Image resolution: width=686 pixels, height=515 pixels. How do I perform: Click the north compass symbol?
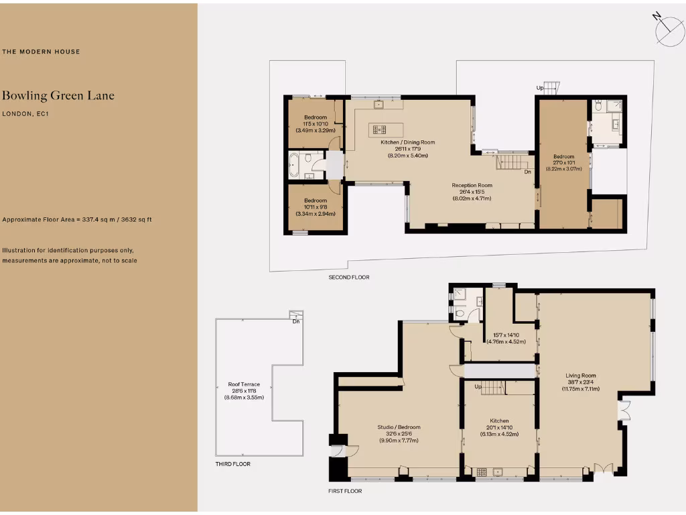(x=668, y=29)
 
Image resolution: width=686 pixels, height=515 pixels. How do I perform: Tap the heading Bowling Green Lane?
(x=58, y=95)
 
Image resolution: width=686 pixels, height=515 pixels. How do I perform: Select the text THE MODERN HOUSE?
(x=41, y=52)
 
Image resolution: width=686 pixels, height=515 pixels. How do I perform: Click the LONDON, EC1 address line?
(x=25, y=114)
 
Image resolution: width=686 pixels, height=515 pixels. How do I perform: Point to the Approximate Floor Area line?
(x=77, y=219)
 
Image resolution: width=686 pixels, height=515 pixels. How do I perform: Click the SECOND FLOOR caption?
(x=348, y=277)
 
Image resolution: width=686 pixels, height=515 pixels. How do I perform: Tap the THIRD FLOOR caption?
(x=232, y=463)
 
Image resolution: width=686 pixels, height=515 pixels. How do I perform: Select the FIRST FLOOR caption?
(x=344, y=491)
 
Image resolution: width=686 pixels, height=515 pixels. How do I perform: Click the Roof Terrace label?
(x=244, y=384)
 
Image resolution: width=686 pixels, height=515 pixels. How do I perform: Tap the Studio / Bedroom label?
(x=399, y=426)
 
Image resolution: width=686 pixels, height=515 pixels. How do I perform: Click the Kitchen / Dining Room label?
(x=408, y=142)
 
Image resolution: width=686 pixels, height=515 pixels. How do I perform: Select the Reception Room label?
(x=472, y=185)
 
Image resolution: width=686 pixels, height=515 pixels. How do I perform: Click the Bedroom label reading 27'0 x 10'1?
(x=563, y=157)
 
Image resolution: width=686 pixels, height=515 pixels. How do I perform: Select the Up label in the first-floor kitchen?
(x=478, y=387)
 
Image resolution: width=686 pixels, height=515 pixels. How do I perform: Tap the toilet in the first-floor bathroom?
(x=460, y=313)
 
